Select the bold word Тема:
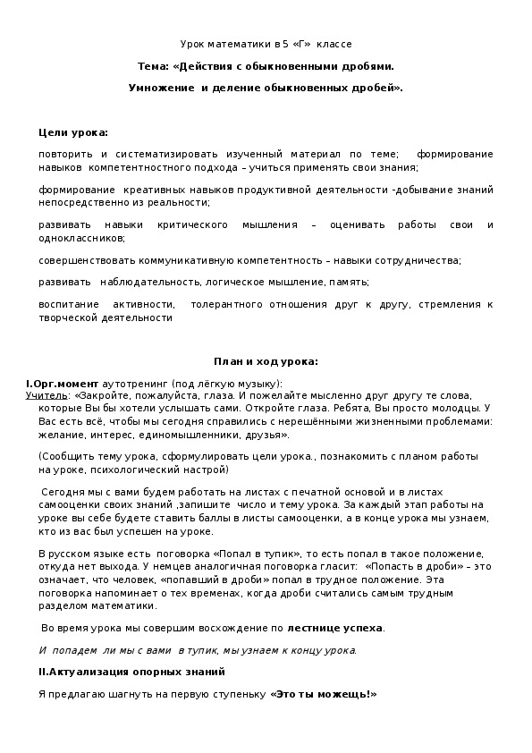pyautogui.click(x=153, y=66)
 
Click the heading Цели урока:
pyautogui.click(x=73, y=132)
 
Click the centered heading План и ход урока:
pyautogui.click(x=266, y=361)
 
